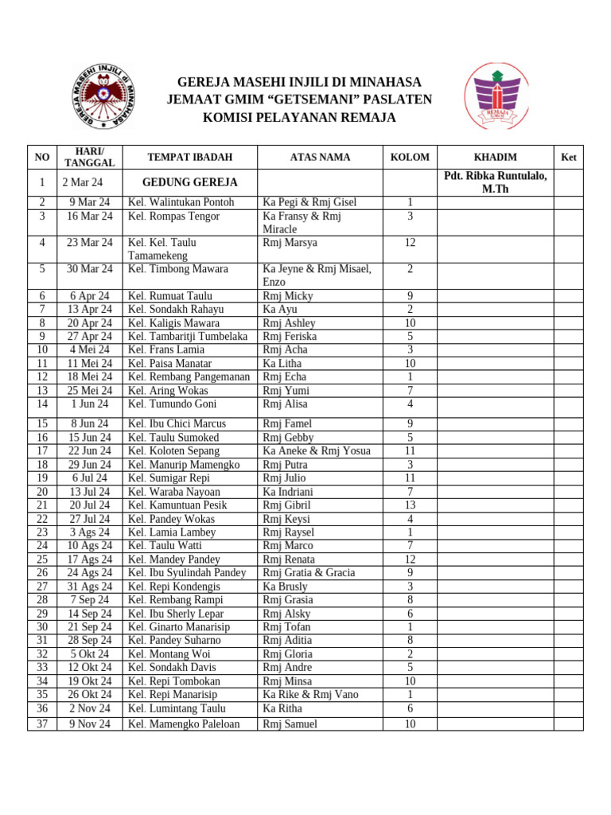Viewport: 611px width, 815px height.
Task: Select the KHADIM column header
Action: click(x=495, y=158)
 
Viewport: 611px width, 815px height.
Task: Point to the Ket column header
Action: click(x=568, y=158)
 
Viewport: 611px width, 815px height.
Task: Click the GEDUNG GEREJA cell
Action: click(x=189, y=182)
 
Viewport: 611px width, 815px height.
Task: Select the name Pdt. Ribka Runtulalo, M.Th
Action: click(x=495, y=182)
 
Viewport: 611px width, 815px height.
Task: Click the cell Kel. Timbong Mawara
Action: click(x=177, y=269)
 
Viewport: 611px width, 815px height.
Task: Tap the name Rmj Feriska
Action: click(x=289, y=337)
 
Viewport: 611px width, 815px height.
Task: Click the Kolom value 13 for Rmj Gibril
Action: click(x=410, y=505)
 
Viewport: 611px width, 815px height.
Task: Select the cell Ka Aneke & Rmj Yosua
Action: click(x=317, y=451)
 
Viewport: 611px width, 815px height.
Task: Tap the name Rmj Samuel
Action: click(x=290, y=724)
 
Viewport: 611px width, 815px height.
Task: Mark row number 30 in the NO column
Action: click(x=42, y=627)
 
